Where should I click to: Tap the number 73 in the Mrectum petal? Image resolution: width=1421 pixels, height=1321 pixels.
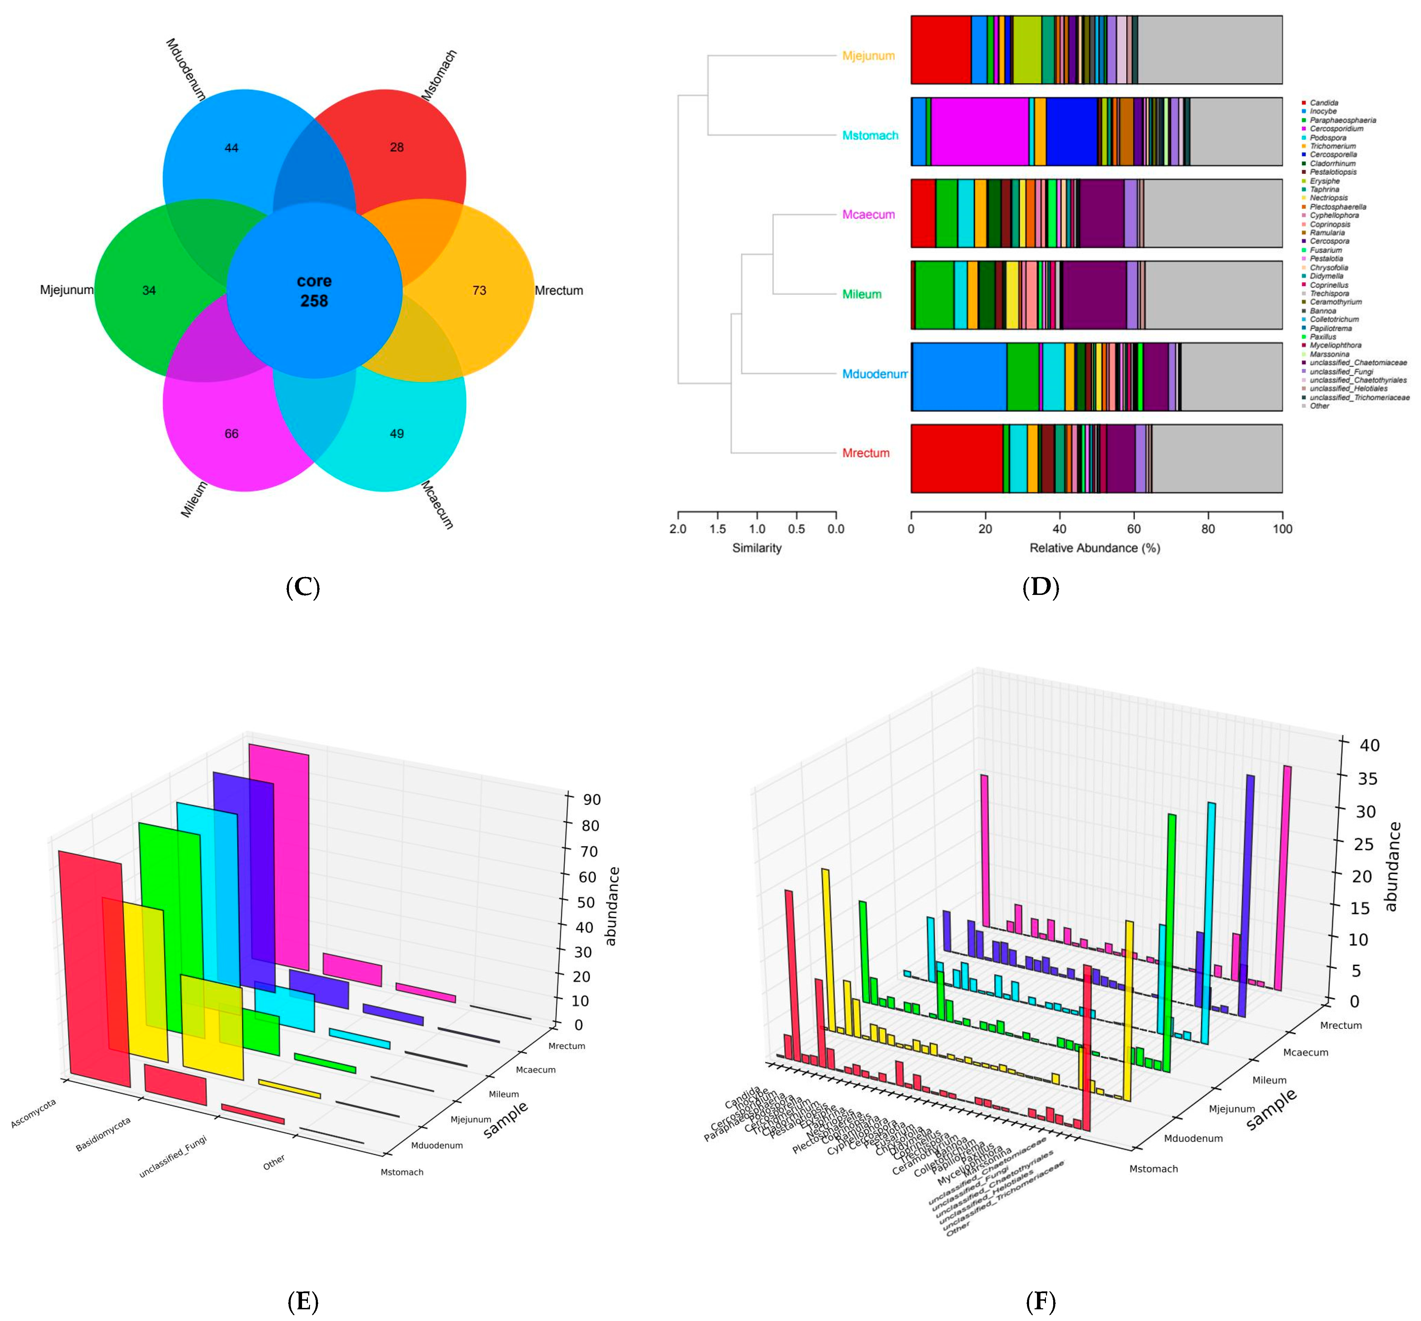[479, 290]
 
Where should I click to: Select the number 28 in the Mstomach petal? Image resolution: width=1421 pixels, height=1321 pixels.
[397, 147]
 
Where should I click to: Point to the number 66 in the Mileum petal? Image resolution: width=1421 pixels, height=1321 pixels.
[231, 434]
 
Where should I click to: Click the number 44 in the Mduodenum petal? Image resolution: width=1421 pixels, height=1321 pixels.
[231, 148]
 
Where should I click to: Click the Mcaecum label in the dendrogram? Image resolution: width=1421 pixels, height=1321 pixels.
[868, 214]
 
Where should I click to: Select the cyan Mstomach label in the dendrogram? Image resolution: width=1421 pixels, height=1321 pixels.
[870, 135]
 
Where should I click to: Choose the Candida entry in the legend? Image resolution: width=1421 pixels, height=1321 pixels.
[1324, 103]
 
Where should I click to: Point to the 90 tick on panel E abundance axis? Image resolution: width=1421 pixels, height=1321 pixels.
[591, 799]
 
